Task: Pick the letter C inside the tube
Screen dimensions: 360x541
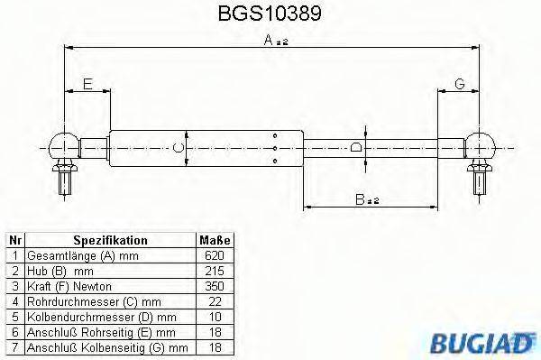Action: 179,147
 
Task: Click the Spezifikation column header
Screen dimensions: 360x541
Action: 110,240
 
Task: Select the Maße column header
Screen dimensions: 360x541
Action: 215,240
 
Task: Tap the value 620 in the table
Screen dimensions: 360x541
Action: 215,255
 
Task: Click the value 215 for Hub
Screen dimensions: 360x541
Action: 215,271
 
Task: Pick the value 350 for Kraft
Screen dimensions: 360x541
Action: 215,286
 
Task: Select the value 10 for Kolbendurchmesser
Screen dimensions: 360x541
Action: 215,317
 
